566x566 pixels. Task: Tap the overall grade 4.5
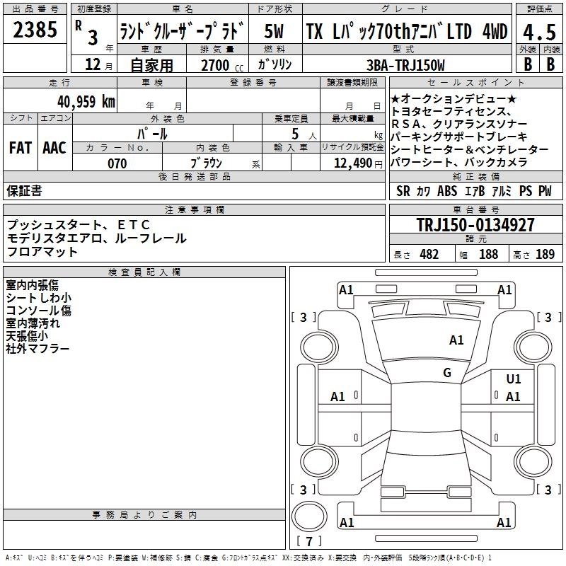click(x=538, y=32)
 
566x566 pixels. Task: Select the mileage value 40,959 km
click(x=86, y=101)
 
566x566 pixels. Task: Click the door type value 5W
click(x=275, y=32)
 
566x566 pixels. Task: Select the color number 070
click(x=117, y=163)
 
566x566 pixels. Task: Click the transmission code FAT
click(x=20, y=148)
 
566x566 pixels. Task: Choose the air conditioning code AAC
click(x=54, y=148)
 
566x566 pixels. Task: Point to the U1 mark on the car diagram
click(x=514, y=379)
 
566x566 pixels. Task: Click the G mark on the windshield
click(x=447, y=373)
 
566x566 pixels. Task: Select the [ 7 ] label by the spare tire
click(x=311, y=542)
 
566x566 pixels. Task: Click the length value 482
click(x=429, y=255)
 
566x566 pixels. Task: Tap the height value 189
click(x=545, y=255)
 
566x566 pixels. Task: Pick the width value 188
click(x=488, y=255)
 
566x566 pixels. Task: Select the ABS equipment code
click(x=447, y=191)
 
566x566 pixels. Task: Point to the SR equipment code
click(x=403, y=191)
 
